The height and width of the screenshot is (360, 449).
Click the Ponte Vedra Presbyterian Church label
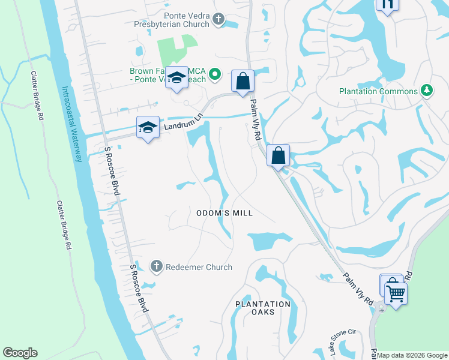click(x=171, y=19)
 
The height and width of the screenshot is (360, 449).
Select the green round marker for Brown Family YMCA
click(x=218, y=75)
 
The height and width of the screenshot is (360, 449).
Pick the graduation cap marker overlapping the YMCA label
click(x=177, y=78)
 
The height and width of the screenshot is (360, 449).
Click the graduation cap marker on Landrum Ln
click(x=148, y=128)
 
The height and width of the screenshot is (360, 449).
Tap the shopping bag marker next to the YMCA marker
click(x=243, y=81)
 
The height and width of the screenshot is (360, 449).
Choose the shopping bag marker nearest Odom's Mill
click(x=279, y=156)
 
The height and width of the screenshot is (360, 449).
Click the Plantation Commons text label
click(x=378, y=91)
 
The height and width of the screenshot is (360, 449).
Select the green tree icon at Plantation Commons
click(x=427, y=91)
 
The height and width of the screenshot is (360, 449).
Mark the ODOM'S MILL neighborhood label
click(x=225, y=213)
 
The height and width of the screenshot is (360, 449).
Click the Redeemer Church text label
click(x=199, y=267)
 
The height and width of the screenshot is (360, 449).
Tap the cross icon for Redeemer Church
click(x=156, y=266)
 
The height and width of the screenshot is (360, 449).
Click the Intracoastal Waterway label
click(x=71, y=124)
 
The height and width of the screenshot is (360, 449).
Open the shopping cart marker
click(x=396, y=294)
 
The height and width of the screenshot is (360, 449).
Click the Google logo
click(x=20, y=353)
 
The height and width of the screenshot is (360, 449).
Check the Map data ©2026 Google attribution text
click(x=412, y=355)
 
